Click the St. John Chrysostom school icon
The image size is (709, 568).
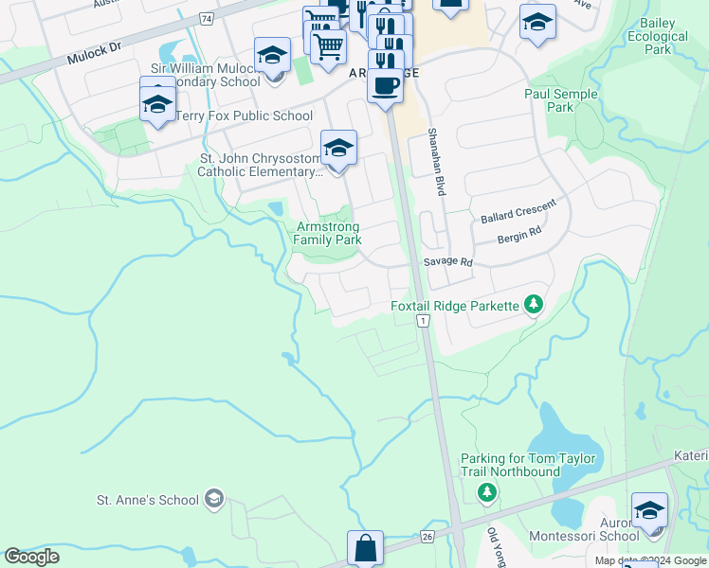338,149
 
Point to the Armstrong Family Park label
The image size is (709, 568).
328,233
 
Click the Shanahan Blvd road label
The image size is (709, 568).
437,162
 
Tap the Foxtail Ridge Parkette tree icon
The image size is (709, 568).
535,304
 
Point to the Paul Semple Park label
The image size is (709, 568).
561,100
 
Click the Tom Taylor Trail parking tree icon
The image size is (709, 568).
487,492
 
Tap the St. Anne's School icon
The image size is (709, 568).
214,499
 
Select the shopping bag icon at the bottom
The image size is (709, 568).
365,548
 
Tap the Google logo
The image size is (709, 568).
32,557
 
